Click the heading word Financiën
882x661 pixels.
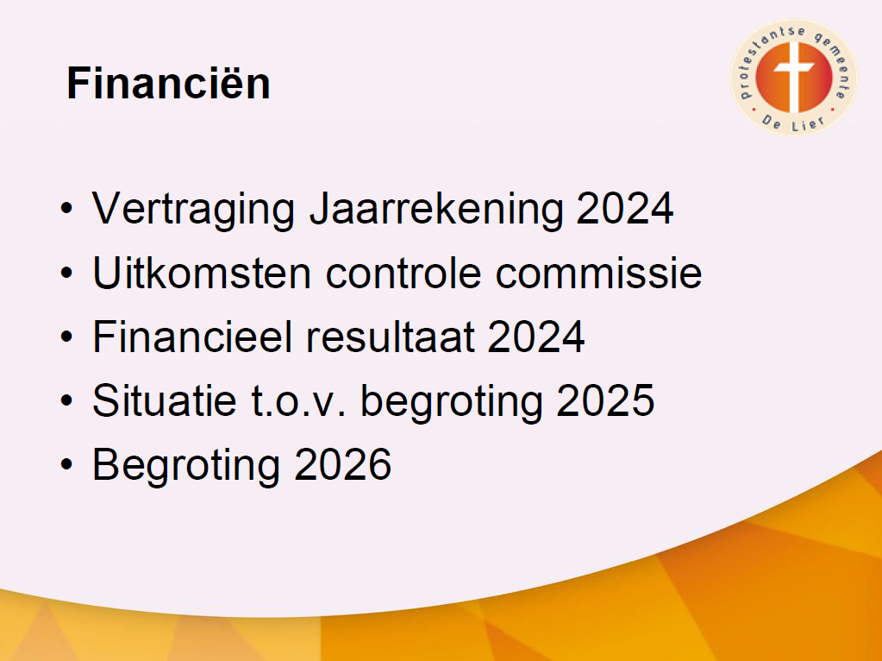click(168, 84)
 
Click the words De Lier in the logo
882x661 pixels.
click(794, 123)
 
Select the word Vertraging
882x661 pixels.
click(193, 210)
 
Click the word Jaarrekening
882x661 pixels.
click(436, 210)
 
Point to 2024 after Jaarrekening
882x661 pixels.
click(625, 208)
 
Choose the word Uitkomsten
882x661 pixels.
click(202, 273)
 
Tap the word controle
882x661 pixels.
click(403, 273)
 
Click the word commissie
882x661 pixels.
click(598, 273)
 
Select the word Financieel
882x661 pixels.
click(191, 337)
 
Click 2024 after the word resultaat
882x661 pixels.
click(536, 337)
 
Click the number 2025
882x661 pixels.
click(606, 400)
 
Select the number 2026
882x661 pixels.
click(342, 464)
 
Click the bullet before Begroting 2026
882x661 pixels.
click(67, 464)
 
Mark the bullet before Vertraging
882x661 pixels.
click(67, 209)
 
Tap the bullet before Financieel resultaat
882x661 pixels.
click(67, 337)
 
